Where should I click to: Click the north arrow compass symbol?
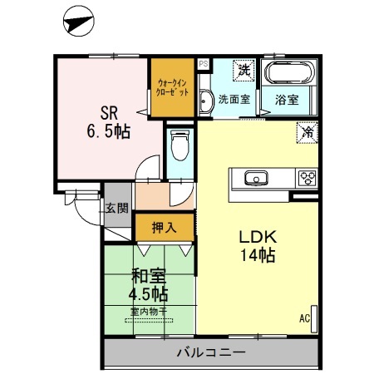coord(77,21)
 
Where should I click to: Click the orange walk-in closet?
coord(172,87)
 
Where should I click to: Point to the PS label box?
coord(203,62)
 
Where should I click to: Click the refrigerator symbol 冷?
coord(307,131)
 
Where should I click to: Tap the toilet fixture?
coord(177,150)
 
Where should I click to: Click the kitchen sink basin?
coord(253,177)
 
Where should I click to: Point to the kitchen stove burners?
coord(307,177)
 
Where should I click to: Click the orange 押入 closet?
coord(163,225)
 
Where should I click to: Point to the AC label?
coord(304,317)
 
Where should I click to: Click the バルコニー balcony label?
coord(211,352)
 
